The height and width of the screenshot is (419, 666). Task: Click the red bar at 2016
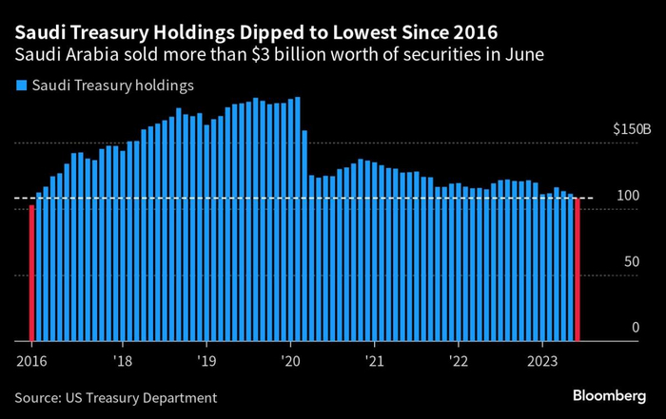pyautogui.click(x=31, y=273)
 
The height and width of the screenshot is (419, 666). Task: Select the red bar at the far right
pyautogui.click(x=578, y=270)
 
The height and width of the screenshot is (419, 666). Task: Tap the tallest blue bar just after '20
pyautogui.click(x=299, y=219)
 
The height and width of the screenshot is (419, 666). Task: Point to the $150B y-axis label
pyautogui.click(x=632, y=128)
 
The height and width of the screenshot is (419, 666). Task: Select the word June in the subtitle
pyautogui.click(x=521, y=54)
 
